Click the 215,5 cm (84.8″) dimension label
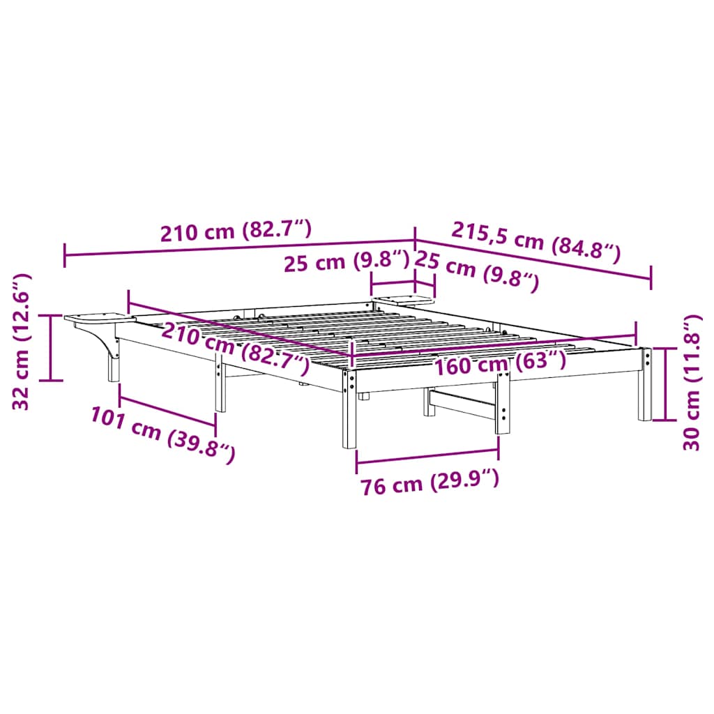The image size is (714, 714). tap(536, 241)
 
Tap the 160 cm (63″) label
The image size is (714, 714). tap(499, 363)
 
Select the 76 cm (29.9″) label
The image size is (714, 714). tap(429, 483)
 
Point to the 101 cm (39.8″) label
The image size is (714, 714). tap(162, 434)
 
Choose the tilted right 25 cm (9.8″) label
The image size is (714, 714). tap(477, 270)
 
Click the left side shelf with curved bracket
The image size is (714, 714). tap(98, 320)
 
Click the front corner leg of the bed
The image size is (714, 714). tap(349, 411)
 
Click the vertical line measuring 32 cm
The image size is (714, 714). tap(51, 347)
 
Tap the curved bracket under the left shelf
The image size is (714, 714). tap(105, 342)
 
